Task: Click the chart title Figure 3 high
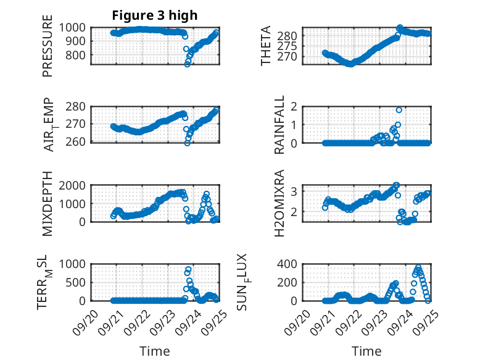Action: click(154, 15)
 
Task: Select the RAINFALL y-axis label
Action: click(279, 125)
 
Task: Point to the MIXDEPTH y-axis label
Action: click(48, 203)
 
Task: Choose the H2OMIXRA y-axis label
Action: click(279, 203)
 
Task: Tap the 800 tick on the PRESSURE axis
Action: click(80, 55)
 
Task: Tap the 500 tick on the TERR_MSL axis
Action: click(80, 282)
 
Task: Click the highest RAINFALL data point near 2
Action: click(399, 110)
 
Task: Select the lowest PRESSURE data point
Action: click(188, 64)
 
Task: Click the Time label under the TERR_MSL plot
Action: click(155, 351)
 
